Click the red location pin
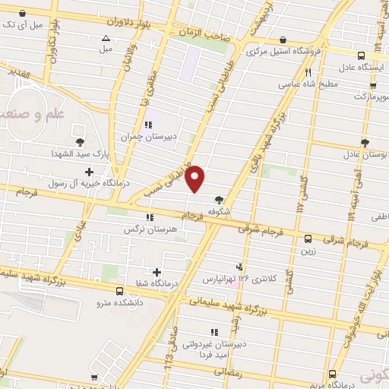[196, 179]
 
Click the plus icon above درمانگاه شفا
[157, 272]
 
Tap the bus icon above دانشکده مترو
[119, 291]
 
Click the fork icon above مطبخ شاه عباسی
[308, 73]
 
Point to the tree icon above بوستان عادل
[365, 141]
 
